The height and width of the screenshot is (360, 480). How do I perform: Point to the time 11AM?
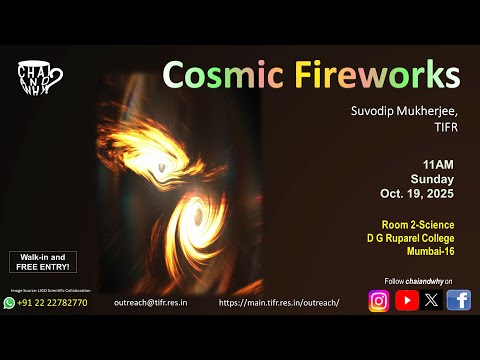[x=440, y=160]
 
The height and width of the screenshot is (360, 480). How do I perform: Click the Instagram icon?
[x=379, y=300]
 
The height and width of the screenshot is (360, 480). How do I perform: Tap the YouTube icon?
[x=406, y=300]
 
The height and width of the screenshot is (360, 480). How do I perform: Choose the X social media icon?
[x=432, y=300]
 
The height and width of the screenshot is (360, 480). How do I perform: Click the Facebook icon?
[x=459, y=300]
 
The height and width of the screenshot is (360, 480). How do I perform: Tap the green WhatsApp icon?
[x=9, y=302]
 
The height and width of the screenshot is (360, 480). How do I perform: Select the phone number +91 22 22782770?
[x=53, y=302]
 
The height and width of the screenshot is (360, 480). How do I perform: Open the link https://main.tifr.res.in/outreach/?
[x=279, y=302]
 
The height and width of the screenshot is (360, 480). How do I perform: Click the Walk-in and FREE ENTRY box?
[x=36, y=263]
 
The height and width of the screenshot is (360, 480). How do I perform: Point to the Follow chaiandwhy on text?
[x=418, y=281]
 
